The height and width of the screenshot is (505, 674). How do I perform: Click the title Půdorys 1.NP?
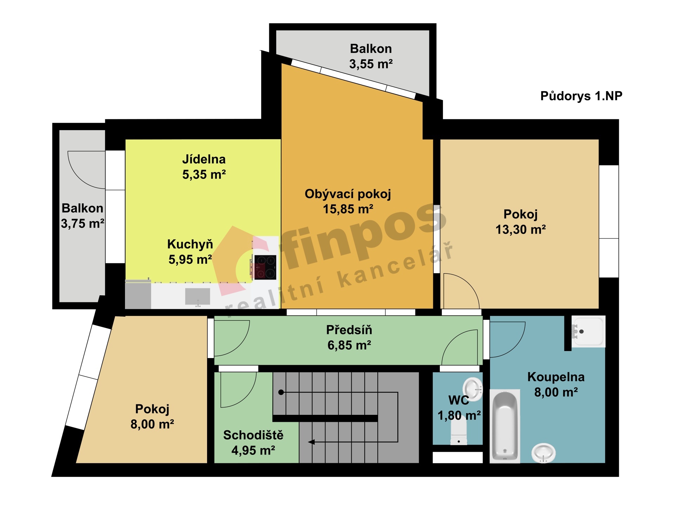click(581, 96)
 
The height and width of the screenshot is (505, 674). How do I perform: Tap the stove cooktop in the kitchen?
click(265, 267)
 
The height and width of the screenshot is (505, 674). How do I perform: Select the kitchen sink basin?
click(198, 297)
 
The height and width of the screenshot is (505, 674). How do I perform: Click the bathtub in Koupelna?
click(505, 426)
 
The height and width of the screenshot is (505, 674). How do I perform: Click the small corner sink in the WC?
click(473, 388)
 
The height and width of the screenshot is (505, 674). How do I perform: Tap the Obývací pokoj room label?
click(348, 194)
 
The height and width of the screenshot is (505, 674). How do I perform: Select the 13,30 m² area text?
click(521, 230)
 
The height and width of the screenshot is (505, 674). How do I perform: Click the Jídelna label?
click(204, 159)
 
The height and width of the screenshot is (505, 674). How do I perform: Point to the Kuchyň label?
click(190, 244)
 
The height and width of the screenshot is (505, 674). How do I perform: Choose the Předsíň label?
click(349, 330)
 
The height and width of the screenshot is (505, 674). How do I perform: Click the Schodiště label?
click(253, 435)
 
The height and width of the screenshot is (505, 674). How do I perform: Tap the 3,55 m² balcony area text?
click(371, 64)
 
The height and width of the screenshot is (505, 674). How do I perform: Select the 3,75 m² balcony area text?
click(82, 223)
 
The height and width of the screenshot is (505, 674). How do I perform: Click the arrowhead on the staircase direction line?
click(311, 442)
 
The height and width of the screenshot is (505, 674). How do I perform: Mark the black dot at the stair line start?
click(281, 392)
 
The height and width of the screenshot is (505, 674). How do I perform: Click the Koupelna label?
click(556, 377)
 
